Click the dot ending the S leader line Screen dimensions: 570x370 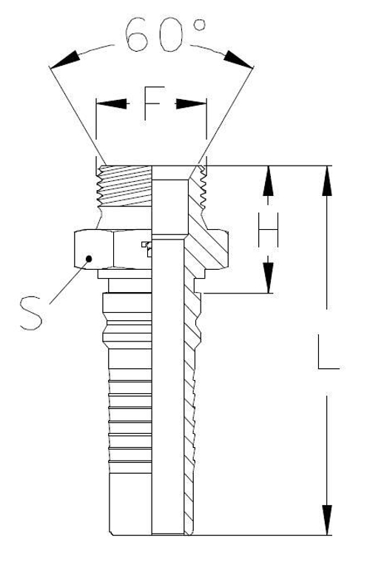pyautogui.click(x=89, y=258)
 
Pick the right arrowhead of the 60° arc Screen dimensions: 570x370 pyautogui.click(x=238, y=61)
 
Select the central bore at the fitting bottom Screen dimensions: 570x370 pyautogui.click(x=166, y=510)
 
